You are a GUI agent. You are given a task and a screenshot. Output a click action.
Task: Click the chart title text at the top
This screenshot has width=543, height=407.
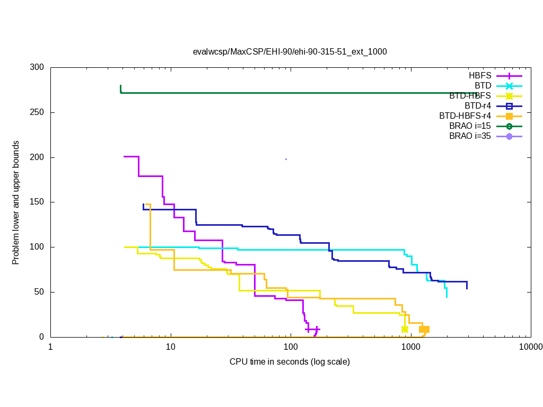290,52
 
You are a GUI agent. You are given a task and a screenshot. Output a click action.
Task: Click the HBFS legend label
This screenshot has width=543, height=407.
480,75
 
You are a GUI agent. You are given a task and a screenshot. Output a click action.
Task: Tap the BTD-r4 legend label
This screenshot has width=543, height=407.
478,105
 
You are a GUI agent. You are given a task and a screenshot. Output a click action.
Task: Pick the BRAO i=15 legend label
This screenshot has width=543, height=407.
470,126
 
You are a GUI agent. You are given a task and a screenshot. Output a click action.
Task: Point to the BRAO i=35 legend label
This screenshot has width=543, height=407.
470,136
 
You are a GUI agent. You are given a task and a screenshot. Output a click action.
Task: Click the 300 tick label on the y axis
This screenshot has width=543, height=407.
37,68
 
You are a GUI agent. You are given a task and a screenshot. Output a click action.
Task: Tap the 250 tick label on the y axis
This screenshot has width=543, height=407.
37,113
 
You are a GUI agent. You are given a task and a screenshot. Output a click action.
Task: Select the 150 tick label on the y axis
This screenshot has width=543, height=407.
37,202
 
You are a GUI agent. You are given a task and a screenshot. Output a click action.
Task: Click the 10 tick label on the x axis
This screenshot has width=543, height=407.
170,347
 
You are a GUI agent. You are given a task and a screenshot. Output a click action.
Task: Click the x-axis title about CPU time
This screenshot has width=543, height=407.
290,362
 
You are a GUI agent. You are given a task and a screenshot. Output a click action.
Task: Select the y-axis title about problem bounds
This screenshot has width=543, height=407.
16,202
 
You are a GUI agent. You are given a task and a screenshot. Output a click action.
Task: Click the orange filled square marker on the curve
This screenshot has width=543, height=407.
424,329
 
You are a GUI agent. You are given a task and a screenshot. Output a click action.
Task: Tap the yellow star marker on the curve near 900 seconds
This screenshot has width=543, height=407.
405,329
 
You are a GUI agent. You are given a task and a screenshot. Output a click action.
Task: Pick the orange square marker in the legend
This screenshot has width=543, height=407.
509,116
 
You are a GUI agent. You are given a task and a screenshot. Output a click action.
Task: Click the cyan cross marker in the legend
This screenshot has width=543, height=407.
509,86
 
